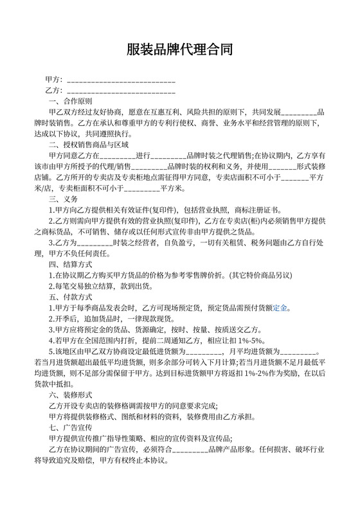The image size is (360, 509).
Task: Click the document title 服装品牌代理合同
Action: click(179, 49)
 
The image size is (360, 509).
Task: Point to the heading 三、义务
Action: click(63, 199)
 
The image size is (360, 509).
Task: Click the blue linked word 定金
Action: click(280, 307)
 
